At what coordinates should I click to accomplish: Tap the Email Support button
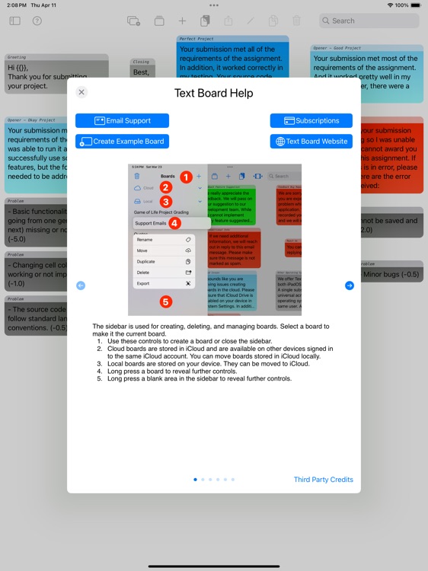click(x=122, y=120)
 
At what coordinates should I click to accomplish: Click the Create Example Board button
click(x=122, y=142)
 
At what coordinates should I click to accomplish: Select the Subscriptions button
click(x=311, y=120)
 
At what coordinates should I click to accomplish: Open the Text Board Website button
click(x=311, y=142)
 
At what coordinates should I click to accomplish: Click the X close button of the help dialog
click(x=81, y=92)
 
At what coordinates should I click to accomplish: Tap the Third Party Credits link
click(x=323, y=480)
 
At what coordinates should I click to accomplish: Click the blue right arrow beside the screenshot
click(x=349, y=285)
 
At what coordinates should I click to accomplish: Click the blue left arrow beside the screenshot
click(x=81, y=285)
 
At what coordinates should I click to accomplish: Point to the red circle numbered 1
click(x=184, y=176)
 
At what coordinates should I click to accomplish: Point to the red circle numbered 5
click(x=166, y=301)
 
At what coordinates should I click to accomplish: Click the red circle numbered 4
click(x=174, y=223)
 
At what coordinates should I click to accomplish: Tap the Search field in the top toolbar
click(x=366, y=21)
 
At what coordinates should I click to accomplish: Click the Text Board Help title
click(x=213, y=94)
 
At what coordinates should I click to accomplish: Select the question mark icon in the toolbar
click(x=37, y=21)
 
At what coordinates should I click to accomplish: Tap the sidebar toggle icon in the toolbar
click(x=15, y=21)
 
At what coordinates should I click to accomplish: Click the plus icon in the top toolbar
click(x=182, y=21)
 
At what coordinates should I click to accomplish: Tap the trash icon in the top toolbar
click(x=296, y=21)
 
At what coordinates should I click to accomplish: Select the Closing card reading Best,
click(x=142, y=72)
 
